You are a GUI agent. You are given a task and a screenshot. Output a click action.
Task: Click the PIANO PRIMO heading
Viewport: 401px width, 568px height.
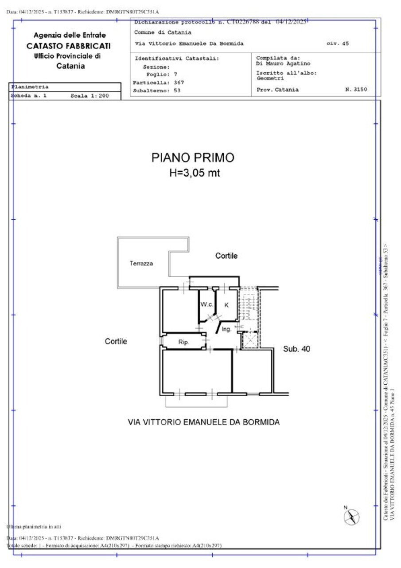pyautogui.click(x=193, y=158)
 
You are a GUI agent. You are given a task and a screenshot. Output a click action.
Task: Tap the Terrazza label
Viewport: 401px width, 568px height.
pyautogui.click(x=141, y=264)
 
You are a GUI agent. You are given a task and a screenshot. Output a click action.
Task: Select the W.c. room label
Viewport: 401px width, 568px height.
pyautogui.click(x=206, y=304)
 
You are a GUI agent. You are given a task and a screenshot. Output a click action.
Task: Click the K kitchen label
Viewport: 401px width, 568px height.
pyautogui.click(x=226, y=305)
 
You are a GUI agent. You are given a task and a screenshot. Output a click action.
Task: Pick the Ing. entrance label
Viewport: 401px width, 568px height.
pyautogui.click(x=226, y=329)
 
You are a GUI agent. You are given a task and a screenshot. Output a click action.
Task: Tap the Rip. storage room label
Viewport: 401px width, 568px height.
pyautogui.click(x=184, y=342)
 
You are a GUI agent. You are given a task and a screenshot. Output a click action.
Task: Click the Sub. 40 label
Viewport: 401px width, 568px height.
pyautogui.click(x=296, y=349)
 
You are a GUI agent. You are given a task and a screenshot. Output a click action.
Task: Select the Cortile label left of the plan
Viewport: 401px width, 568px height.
pyautogui.click(x=116, y=341)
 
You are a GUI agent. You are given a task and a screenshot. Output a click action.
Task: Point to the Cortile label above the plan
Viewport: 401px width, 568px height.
pyautogui.click(x=226, y=256)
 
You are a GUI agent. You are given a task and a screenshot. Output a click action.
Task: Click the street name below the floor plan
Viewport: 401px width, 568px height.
pyautogui.click(x=203, y=422)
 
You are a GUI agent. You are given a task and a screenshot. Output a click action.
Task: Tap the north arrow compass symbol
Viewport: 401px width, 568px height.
pyautogui.click(x=352, y=516)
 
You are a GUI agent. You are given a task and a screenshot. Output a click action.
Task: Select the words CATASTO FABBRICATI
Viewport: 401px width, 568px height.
pyautogui.click(x=69, y=46)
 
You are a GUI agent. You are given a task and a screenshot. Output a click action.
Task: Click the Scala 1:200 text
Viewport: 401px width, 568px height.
pyautogui.click(x=90, y=95)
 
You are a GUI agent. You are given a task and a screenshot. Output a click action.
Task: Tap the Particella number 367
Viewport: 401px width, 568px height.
pyautogui.click(x=179, y=83)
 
